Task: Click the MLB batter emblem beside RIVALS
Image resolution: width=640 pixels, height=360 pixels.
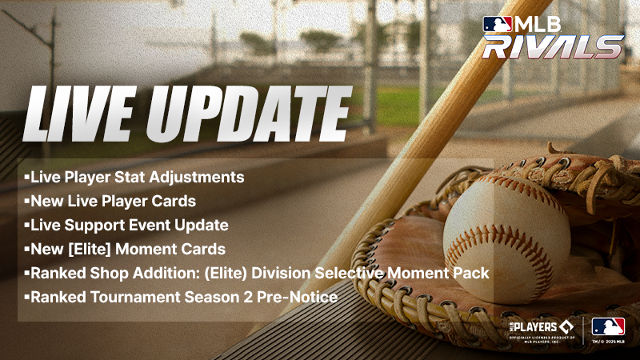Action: click(496, 24)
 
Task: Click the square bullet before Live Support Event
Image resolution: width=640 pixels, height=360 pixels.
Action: click(26, 225)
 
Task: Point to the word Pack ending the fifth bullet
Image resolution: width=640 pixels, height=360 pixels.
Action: click(472, 273)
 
